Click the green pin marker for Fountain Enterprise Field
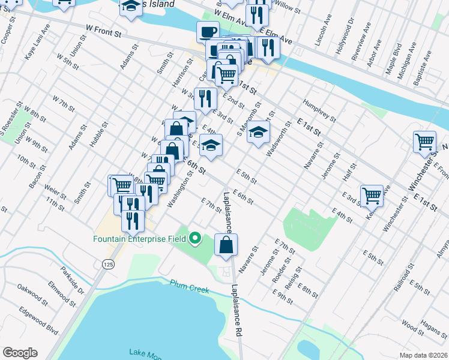point(194,239)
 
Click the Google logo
point(20,352)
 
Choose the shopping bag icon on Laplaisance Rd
point(226,244)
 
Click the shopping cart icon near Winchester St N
point(424,142)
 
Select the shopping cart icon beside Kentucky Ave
point(372,194)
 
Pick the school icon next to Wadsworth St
point(258,132)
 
